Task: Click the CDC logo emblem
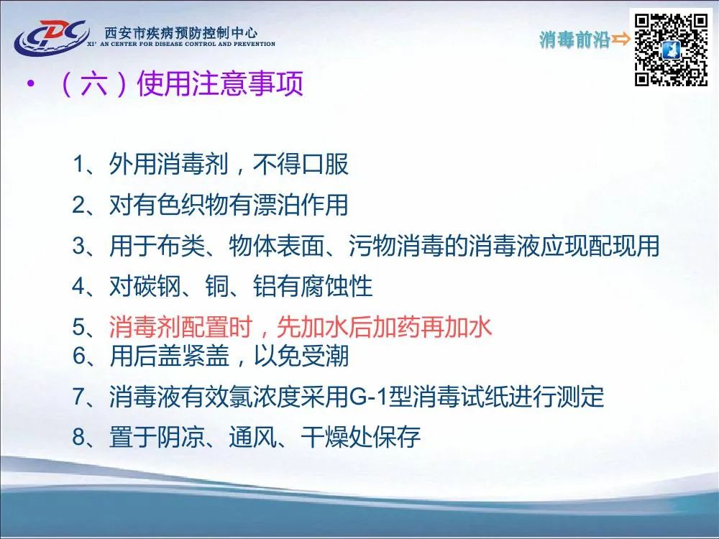point(51,37)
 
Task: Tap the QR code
point(671,50)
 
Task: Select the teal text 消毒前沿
point(574,40)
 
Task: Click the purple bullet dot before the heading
point(31,83)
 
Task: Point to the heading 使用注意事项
point(220,83)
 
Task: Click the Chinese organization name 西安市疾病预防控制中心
point(181,32)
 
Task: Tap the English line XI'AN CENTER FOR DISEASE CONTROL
point(181,44)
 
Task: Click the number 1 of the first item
point(78,164)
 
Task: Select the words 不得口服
point(301,164)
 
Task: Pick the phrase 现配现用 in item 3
point(612,245)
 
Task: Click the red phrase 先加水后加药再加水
point(384,327)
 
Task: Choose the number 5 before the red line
point(78,327)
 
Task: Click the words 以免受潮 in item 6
point(301,356)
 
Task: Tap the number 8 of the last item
point(78,437)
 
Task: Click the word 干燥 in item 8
point(325,436)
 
